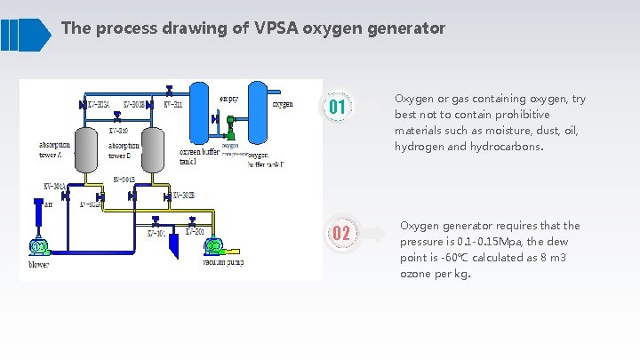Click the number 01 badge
[x=338, y=108]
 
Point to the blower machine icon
[x=39, y=246]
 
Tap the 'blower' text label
[x=38, y=264]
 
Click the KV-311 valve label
[x=172, y=105]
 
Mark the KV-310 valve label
[x=118, y=131]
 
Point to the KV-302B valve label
[x=183, y=195]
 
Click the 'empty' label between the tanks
[x=228, y=87]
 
